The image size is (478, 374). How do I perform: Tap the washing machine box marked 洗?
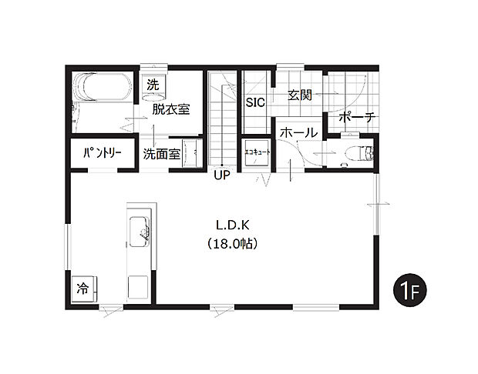coord(152,85)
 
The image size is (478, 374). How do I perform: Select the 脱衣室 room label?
coord(170,109)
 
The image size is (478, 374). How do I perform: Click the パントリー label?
coord(103,153)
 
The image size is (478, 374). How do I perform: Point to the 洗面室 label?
coord(162,153)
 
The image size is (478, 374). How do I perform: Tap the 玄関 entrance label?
coord(299,95)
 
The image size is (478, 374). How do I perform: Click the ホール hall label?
coord(298,133)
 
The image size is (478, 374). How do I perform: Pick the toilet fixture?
coord(359,152)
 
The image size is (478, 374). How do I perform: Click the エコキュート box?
coord(257,152)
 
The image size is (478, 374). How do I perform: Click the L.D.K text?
coord(231,225)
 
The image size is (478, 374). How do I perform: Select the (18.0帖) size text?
coord(231,243)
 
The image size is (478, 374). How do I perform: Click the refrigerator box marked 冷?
coord(82,289)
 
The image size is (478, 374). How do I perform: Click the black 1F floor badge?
coord(409,290)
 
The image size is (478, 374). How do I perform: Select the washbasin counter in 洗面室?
coord(194,152)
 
